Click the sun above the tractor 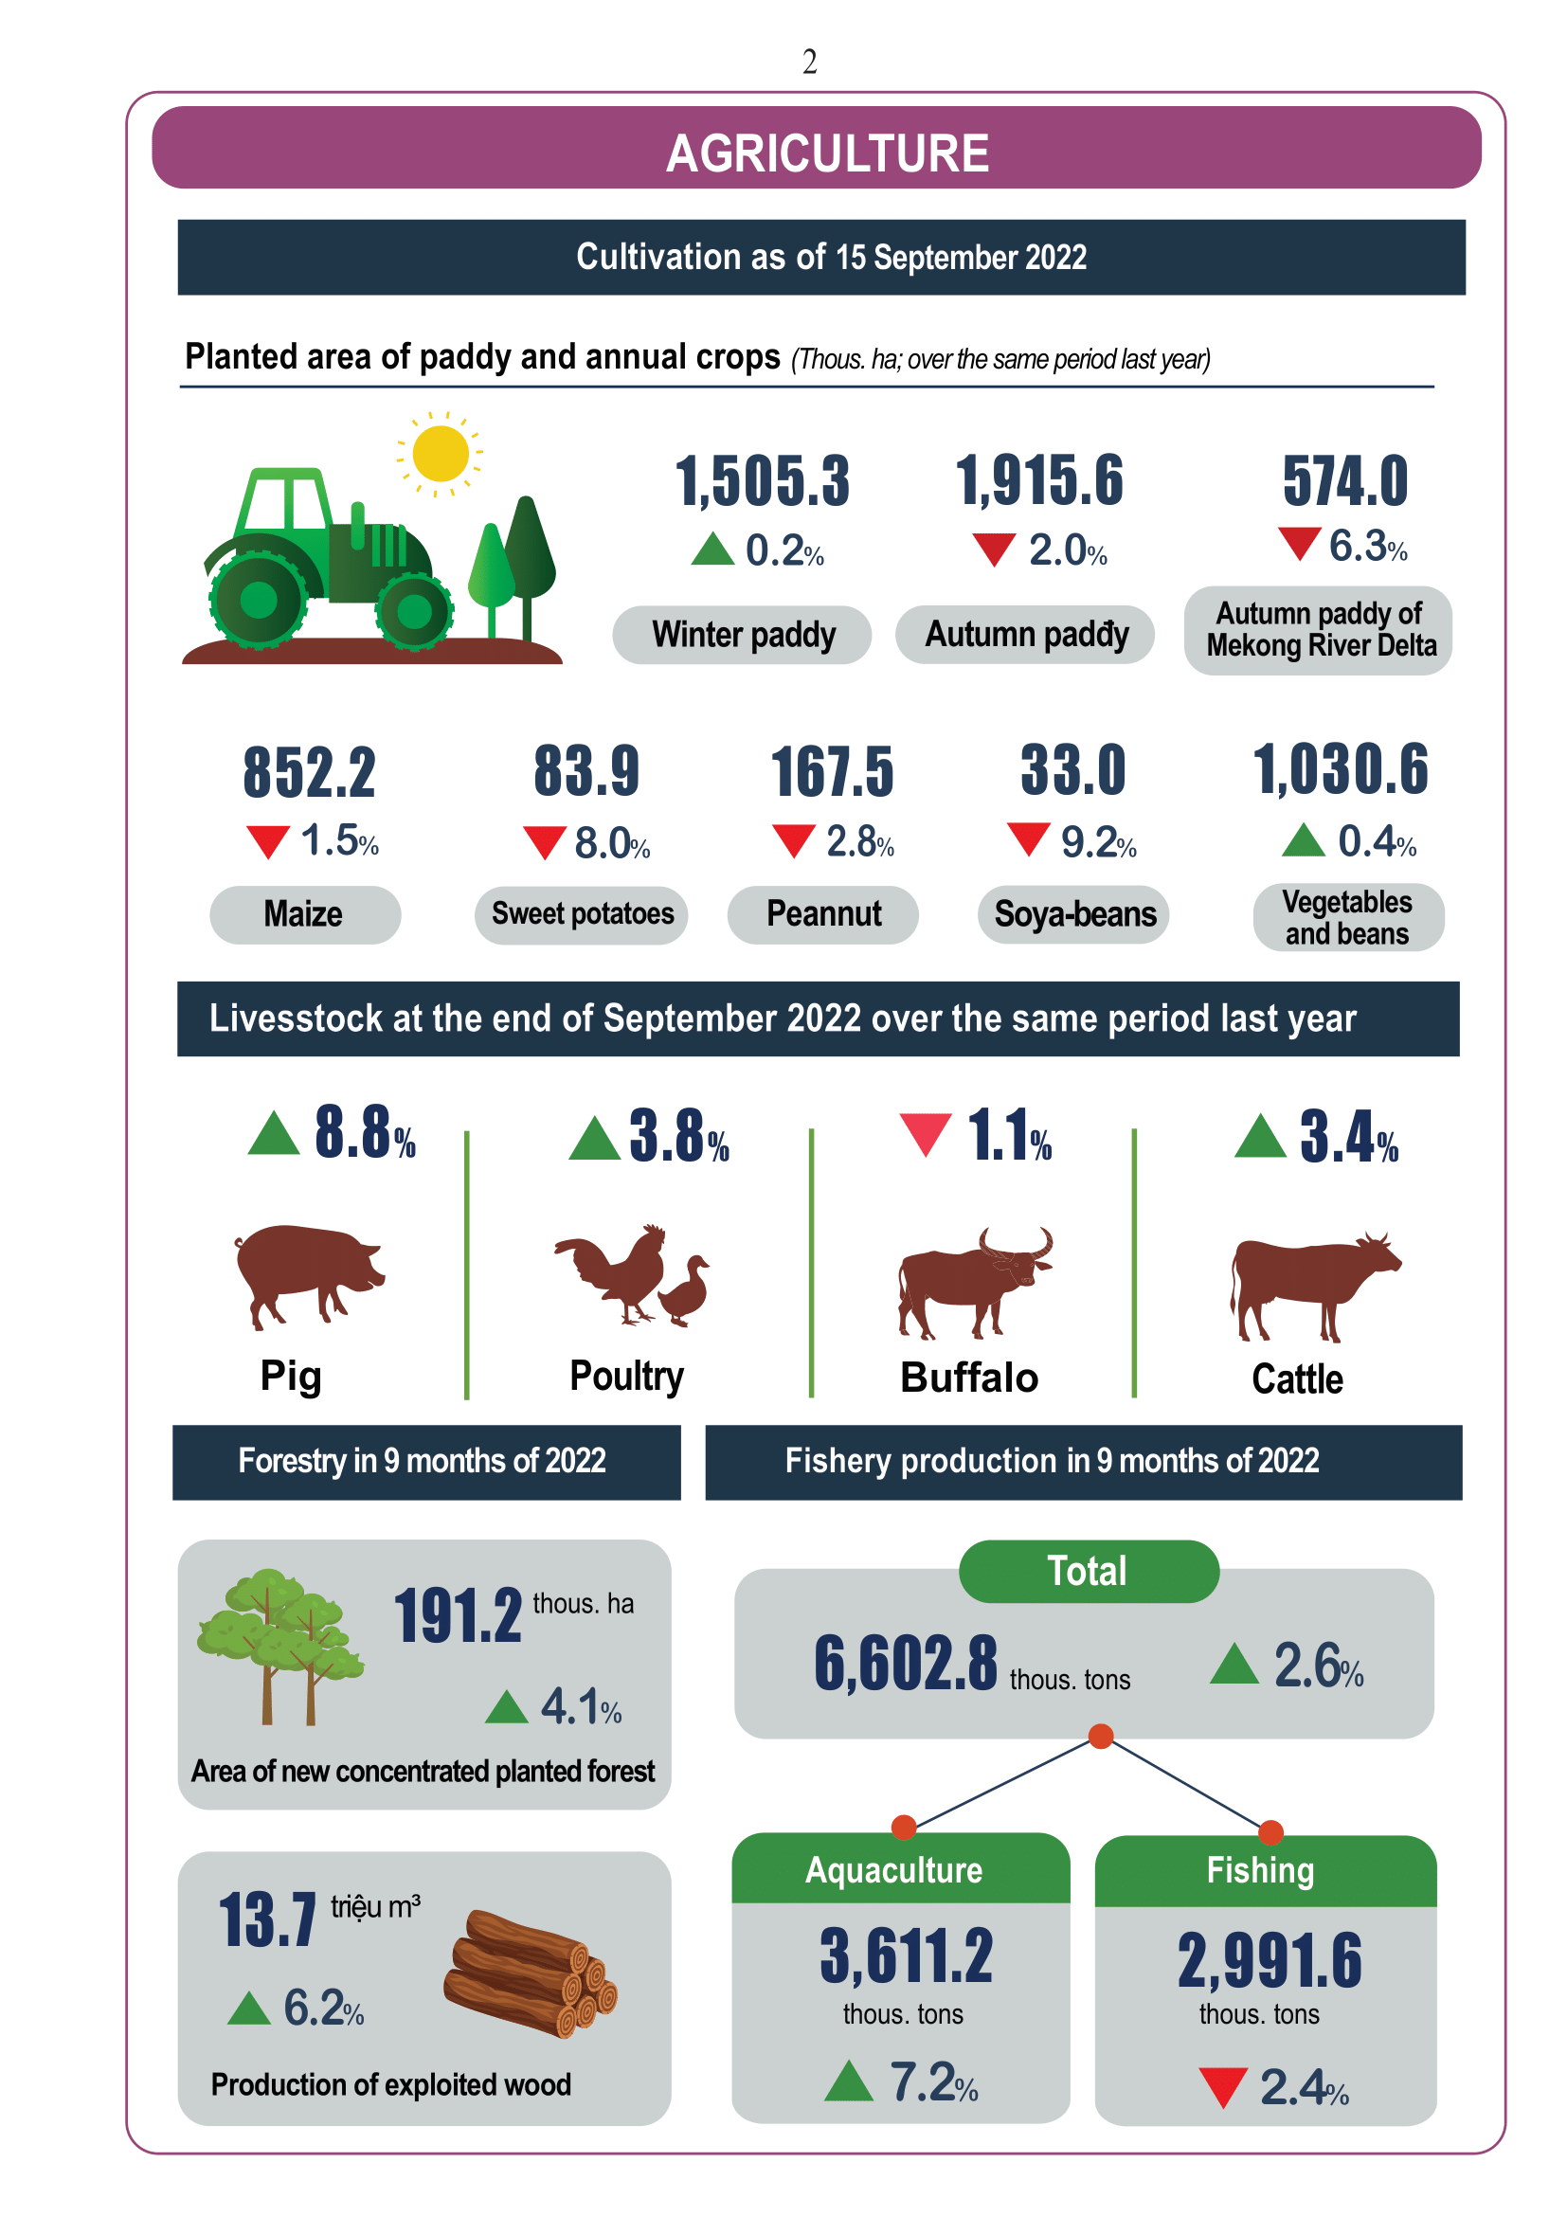point(440,453)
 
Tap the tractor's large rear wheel point(259,600)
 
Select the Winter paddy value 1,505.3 point(763,480)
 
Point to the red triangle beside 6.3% point(1300,543)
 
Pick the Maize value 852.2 point(309,773)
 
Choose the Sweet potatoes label point(582,914)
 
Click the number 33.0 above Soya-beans point(1074,770)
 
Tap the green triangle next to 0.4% point(1304,839)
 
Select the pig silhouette point(308,1274)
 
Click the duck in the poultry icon point(685,1289)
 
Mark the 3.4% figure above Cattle point(1349,1136)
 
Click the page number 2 point(809,62)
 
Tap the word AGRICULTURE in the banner point(828,153)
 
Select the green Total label point(1089,1571)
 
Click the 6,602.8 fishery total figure point(905,1663)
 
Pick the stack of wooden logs point(530,1973)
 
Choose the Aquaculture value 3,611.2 point(906,1955)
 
